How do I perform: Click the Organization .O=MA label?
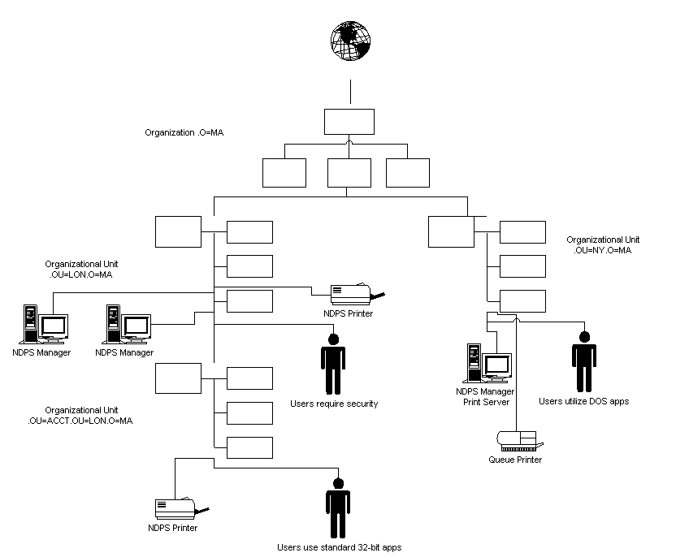pos(184,132)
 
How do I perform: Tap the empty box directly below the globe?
pos(349,121)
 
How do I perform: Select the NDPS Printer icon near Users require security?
pos(354,293)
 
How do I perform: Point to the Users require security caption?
pos(334,404)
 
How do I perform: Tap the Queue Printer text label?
pos(515,460)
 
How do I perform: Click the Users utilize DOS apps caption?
pos(583,401)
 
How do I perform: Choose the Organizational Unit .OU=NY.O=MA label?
pos(603,244)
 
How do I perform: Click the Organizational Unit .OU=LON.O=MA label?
pos(81,269)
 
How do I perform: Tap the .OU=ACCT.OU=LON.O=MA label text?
pos(81,421)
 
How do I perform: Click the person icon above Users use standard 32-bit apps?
pos(338,507)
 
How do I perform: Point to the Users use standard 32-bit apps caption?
pos(339,547)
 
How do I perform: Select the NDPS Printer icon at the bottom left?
pos(177,509)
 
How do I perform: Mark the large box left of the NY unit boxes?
pos(451,231)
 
